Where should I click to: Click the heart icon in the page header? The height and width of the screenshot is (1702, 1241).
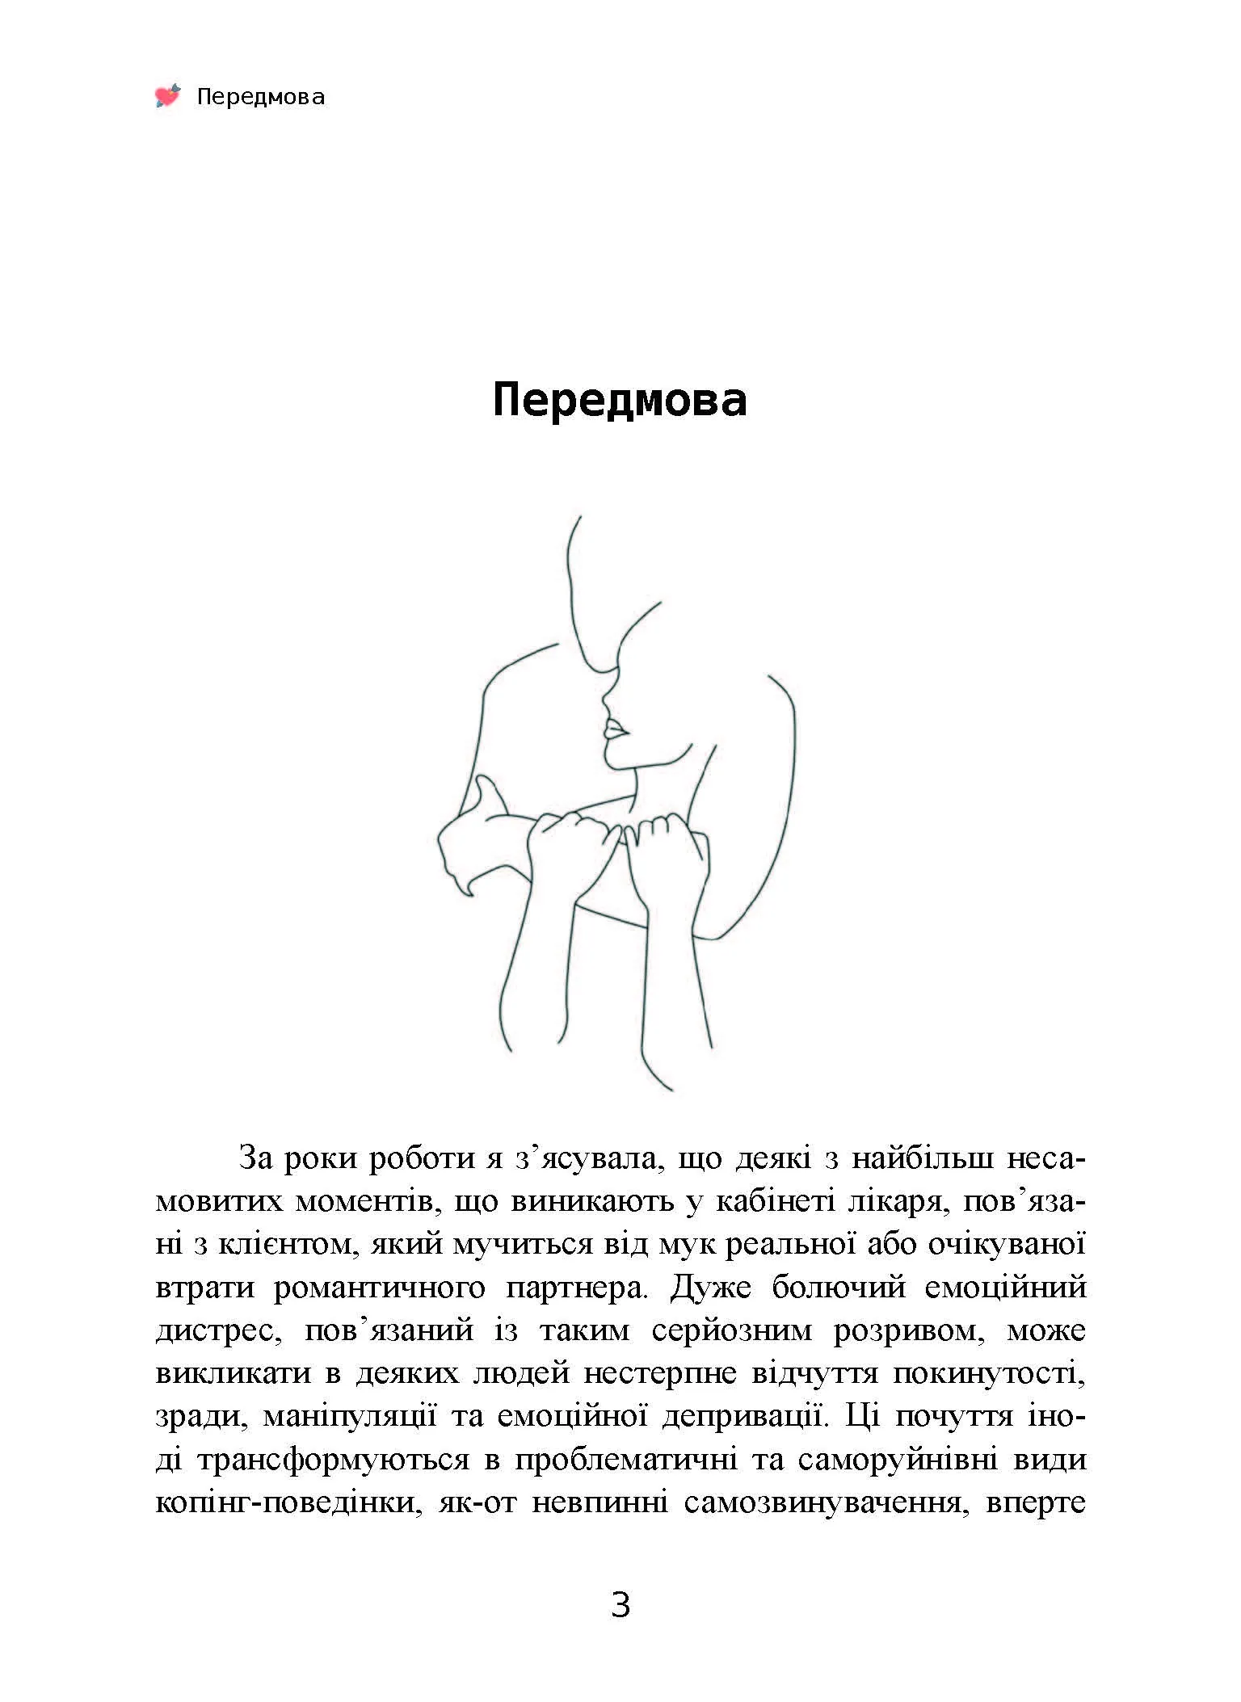(168, 96)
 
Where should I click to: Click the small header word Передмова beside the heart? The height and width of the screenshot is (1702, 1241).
(260, 98)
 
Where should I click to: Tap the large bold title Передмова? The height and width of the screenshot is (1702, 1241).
(620, 400)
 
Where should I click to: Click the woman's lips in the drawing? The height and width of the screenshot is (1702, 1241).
(616, 731)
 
